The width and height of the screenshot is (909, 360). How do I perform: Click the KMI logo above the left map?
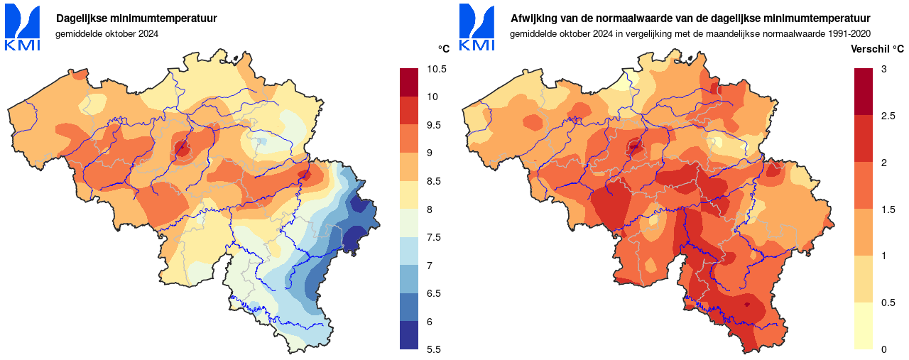point(22,28)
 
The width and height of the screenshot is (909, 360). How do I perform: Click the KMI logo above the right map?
point(477,28)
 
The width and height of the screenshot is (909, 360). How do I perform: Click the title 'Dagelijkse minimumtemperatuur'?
point(136,18)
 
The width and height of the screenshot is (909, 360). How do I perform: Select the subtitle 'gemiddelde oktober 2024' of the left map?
point(107,33)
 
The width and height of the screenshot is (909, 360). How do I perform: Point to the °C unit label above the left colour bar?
point(443,48)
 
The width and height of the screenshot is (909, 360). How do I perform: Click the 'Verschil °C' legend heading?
point(878,48)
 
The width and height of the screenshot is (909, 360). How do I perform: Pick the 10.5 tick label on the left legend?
point(437,69)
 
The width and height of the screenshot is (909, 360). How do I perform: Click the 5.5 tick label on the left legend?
point(433,349)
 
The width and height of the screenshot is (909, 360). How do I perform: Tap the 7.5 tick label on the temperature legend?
point(433,237)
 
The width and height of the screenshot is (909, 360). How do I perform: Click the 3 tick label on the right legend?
point(883,69)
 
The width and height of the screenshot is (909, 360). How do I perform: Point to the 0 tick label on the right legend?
point(883,349)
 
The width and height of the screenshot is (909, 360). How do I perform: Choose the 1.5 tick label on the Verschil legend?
point(887,209)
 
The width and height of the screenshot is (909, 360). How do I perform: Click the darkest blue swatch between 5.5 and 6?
point(410,335)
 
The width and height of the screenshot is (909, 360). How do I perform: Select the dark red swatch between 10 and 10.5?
point(410,82)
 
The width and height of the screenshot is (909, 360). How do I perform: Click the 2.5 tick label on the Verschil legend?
point(887,116)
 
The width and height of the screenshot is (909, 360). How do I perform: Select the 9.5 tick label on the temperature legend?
point(433,125)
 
